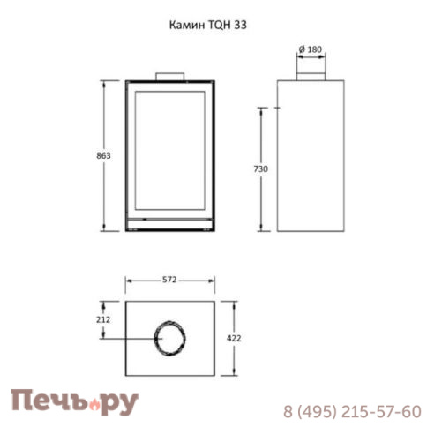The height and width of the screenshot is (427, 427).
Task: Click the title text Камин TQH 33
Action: click(x=208, y=26)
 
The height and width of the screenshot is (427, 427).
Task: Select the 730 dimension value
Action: click(x=259, y=168)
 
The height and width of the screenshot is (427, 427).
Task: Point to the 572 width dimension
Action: click(x=170, y=280)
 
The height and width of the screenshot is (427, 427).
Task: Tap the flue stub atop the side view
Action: click(x=310, y=74)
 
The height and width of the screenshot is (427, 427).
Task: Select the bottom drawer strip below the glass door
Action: click(x=170, y=221)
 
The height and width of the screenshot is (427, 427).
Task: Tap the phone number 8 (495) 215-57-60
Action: click(x=352, y=411)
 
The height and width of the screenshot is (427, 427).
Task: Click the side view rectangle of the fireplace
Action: click(x=310, y=155)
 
